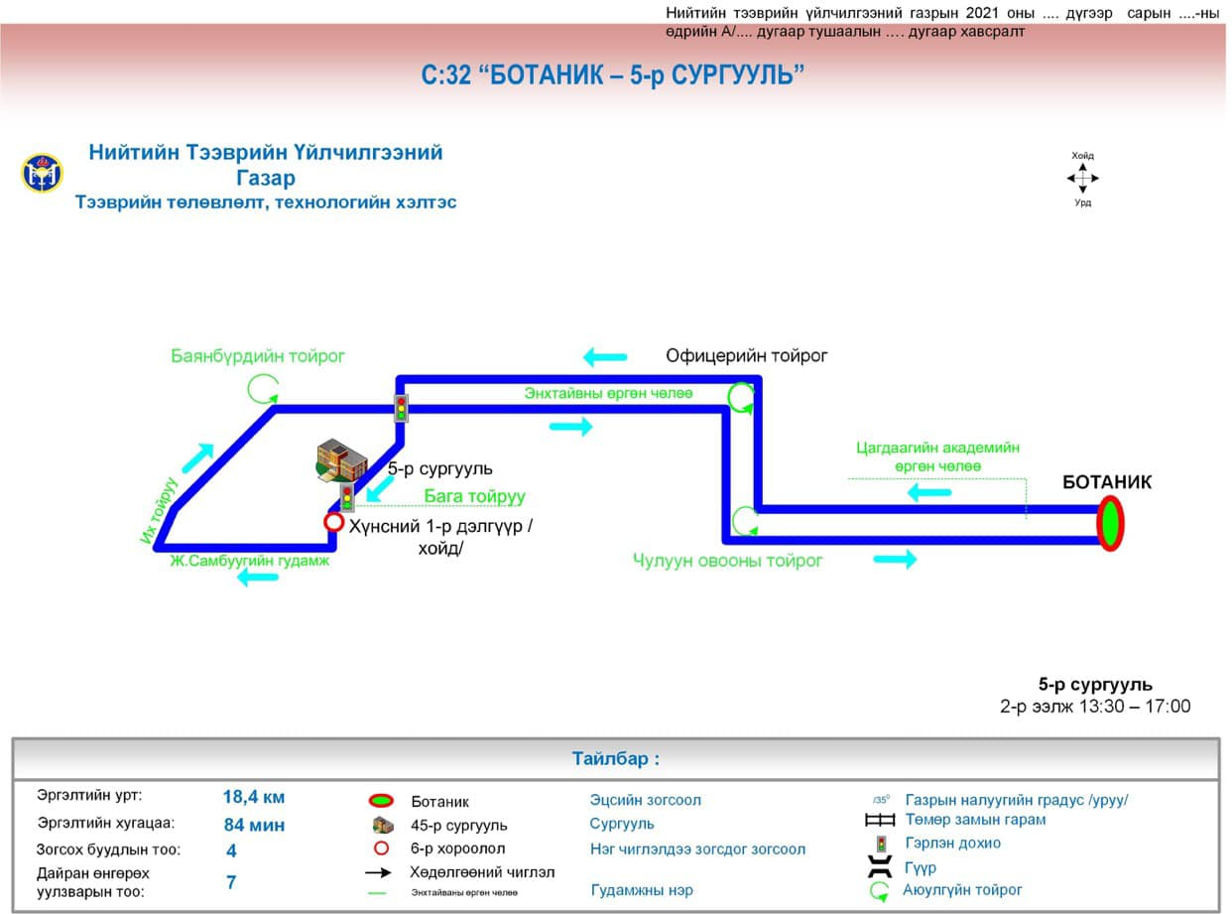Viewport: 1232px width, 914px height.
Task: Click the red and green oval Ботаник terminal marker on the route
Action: point(1109,524)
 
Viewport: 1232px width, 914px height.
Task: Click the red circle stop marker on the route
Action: point(334,522)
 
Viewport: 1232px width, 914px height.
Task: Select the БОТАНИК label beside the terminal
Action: point(1107,482)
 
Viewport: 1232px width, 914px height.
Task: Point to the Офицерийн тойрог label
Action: point(746,355)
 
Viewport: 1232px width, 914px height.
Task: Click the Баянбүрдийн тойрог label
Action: point(258,356)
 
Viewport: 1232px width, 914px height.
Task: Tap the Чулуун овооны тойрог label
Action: point(728,561)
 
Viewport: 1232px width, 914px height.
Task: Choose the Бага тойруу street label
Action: point(474,497)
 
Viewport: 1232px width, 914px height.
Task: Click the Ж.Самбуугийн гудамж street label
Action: point(249,561)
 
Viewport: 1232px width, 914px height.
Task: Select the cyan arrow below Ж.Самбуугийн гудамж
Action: point(258,578)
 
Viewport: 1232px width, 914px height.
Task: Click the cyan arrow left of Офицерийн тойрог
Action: point(604,356)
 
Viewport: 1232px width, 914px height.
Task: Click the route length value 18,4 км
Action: point(254,797)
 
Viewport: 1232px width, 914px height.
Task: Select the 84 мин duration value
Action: point(254,824)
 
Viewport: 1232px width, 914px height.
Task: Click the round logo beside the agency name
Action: point(42,174)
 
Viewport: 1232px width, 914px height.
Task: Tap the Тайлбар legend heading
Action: point(615,759)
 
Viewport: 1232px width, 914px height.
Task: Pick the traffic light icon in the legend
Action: point(880,844)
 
